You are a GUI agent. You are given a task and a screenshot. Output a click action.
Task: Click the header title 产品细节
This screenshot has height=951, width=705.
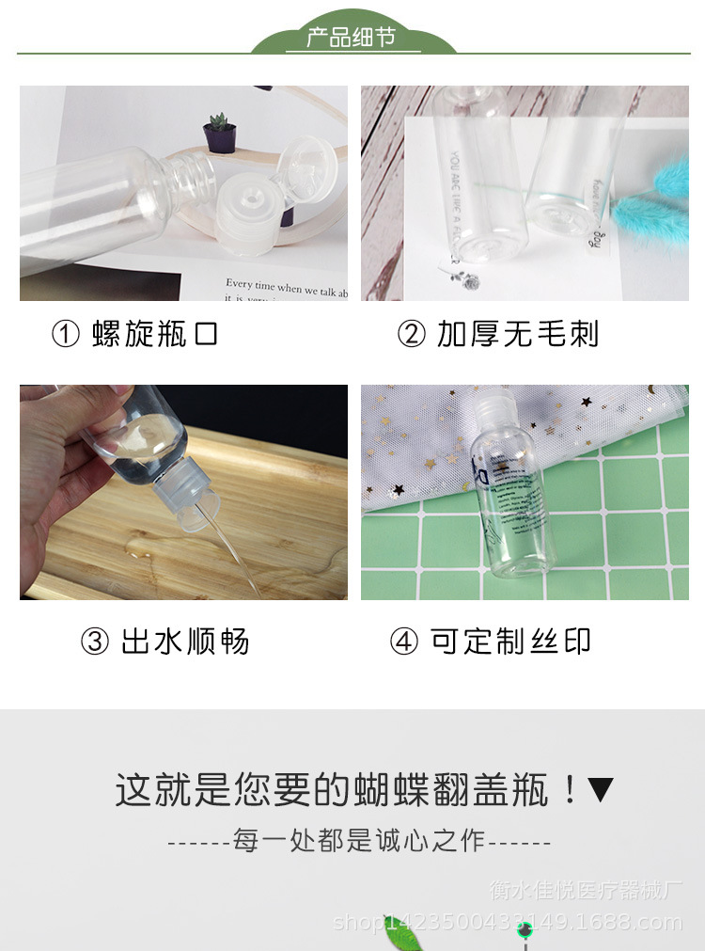pos(352,38)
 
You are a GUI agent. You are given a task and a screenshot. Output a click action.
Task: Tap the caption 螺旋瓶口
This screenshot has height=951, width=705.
pos(155,334)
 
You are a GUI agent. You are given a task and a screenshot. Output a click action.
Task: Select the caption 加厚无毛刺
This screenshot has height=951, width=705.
pos(517,334)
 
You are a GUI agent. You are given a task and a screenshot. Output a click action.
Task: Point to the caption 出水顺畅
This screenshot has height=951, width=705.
pos(185,642)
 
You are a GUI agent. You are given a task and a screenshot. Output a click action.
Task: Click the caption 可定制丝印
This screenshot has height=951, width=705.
pos(511,642)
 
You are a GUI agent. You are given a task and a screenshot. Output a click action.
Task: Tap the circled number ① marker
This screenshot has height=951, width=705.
pos(66,335)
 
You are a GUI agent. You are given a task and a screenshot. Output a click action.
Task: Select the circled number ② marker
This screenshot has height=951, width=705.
pos(411,335)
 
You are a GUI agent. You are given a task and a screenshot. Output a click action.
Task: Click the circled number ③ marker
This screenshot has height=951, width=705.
pos(95,642)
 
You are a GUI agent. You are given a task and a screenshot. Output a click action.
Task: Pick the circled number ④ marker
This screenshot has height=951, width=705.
pos(404,642)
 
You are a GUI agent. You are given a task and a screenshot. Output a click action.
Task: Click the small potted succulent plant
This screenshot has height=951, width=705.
pos(219,133)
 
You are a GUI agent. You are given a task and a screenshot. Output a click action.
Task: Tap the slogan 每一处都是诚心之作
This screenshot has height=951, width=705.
pos(359,841)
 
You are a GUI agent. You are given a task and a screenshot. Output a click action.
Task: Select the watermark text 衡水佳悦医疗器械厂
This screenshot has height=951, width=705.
pos(584,890)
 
